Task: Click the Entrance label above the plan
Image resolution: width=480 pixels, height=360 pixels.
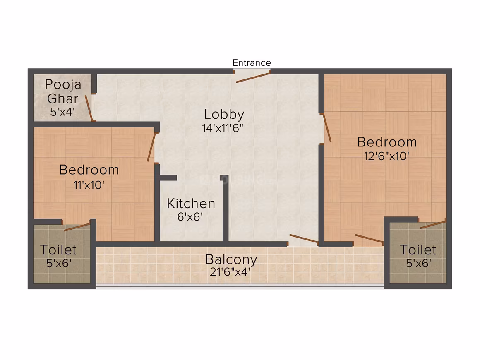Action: pos(252,63)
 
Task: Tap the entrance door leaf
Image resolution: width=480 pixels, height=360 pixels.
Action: pos(253,77)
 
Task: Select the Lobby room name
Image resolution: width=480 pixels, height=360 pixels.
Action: pos(224,115)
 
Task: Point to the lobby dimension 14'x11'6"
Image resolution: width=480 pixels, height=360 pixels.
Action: pos(223,128)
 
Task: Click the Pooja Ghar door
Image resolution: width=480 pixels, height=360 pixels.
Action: pos(89,108)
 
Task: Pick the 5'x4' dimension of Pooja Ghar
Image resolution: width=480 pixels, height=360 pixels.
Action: pos(62,112)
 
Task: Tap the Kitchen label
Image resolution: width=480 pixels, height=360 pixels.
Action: pos(191,204)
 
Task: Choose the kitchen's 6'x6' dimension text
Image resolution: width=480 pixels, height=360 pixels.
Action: pos(190,217)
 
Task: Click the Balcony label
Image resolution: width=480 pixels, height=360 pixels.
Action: pos(231,260)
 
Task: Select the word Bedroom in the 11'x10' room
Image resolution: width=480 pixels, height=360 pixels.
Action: pos(89,170)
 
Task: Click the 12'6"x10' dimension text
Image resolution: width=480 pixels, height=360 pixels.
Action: pos(386,156)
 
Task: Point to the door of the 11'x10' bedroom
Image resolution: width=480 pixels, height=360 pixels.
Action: pos(151,147)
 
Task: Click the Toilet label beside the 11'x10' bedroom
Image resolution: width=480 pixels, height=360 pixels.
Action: pos(58,250)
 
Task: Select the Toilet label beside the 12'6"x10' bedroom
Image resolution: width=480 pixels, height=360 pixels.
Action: pos(418,250)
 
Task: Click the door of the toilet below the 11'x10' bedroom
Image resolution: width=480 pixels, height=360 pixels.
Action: pos(77,227)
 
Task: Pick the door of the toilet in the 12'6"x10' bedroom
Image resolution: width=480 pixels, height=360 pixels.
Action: pos(433,225)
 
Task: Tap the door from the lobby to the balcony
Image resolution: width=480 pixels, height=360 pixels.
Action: pos(304,239)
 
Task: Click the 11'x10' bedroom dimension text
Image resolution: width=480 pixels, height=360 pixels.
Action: pos(89,185)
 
